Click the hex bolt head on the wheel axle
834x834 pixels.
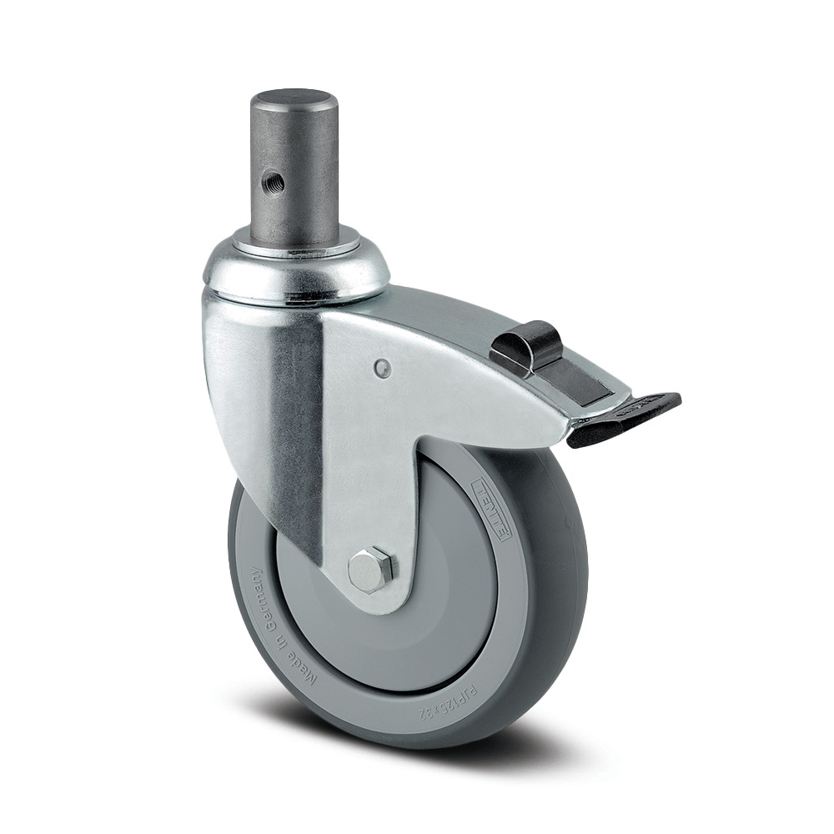(371, 570)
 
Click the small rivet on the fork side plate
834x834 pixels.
(382, 368)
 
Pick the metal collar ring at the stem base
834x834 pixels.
(296, 242)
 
